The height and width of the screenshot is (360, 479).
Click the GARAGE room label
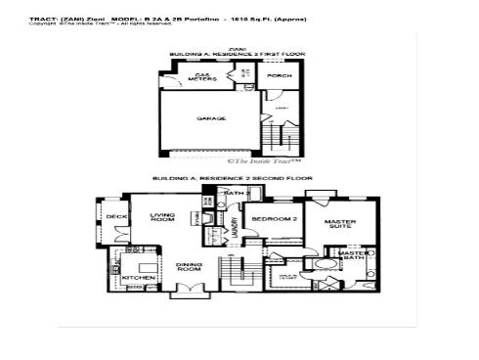pyautogui.click(x=211, y=118)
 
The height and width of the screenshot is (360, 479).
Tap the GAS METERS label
pyautogui.click(x=202, y=76)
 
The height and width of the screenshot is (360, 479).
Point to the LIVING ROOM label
pyautogui.click(x=161, y=217)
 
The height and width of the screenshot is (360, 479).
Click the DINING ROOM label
pyautogui.click(x=189, y=265)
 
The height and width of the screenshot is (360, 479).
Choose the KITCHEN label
pyautogui.click(x=137, y=278)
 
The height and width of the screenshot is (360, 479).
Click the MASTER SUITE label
pyautogui.click(x=339, y=224)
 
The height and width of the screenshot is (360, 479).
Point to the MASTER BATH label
pyautogui.click(x=353, y=255)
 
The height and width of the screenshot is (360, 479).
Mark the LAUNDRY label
pyautogui.click(x=235, y=226)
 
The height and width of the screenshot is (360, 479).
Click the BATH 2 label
pyautogui.click(x=235, y=194)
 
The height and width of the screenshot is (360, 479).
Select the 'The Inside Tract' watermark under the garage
pyautogui.click(x=264, y=160)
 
